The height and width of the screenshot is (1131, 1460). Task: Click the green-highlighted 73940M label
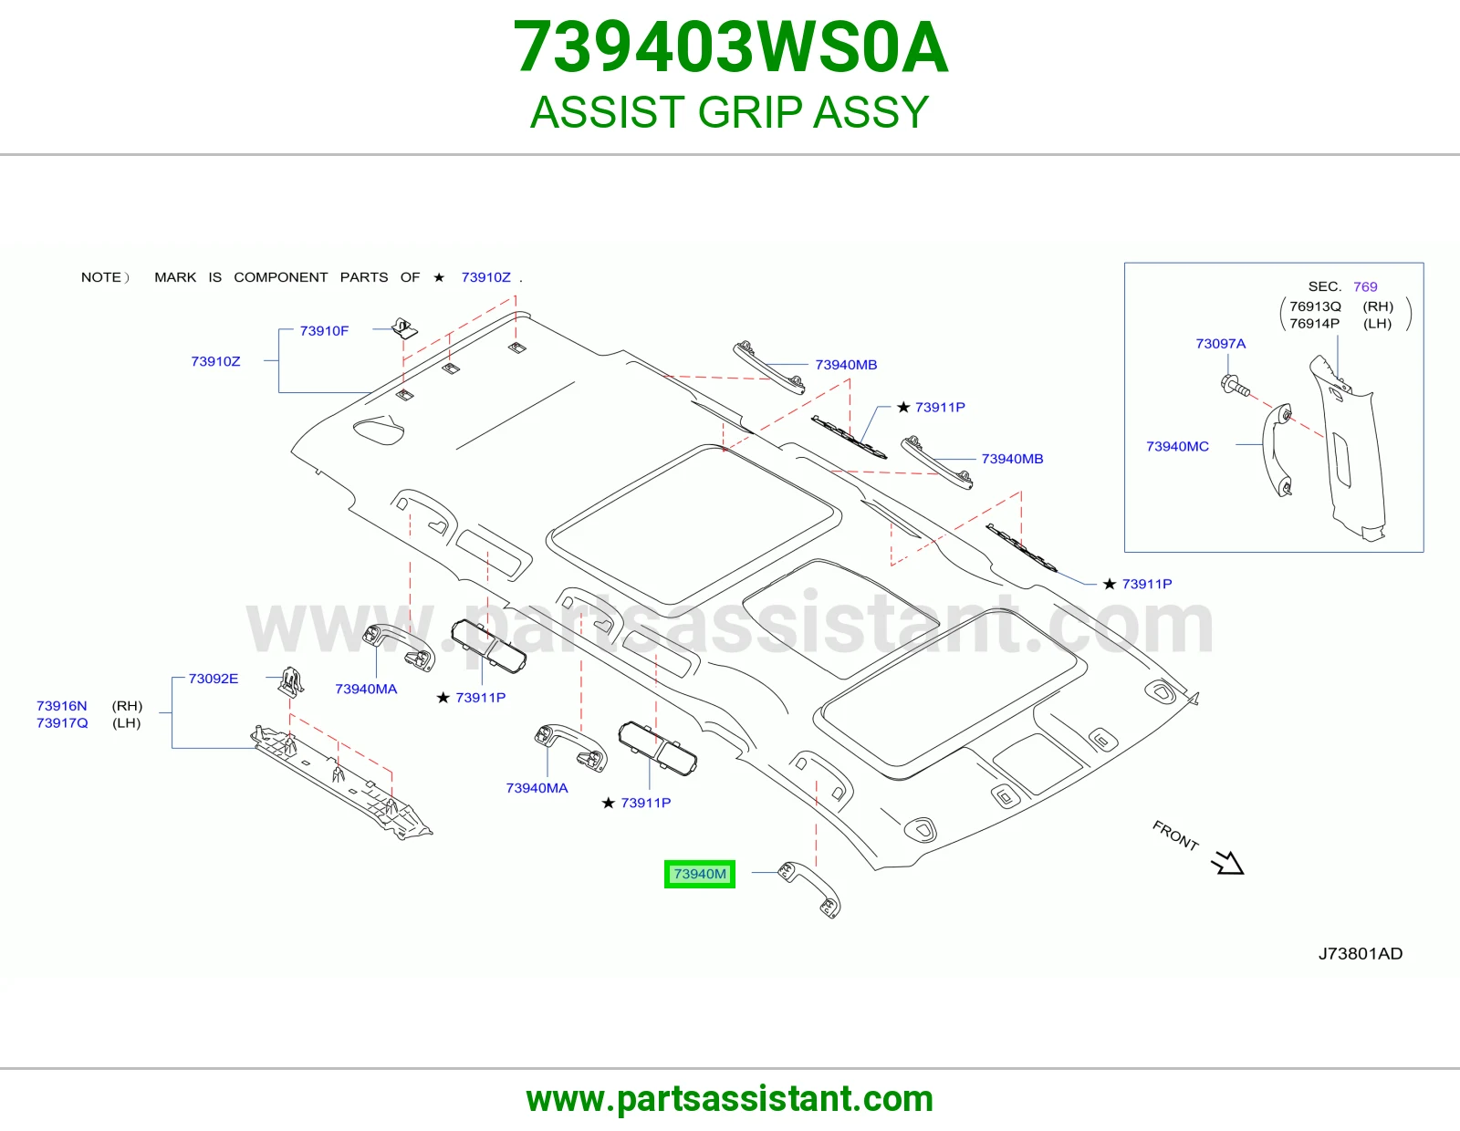[x=699, y=874]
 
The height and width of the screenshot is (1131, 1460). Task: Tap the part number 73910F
[x=324, y=330]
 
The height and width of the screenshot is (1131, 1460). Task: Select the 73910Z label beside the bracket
[x=215, y=361]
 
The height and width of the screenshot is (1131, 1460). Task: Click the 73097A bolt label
[x=1220, y=344]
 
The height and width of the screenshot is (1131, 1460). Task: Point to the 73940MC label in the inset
[x=1177, y=447]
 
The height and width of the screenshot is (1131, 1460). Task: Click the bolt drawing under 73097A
[x=1235, y=386]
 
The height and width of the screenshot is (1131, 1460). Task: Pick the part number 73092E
[x=213, y=679]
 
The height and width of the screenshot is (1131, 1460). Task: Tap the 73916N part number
[x=62, y=706]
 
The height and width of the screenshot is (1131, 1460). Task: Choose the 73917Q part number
[x=62, y=723]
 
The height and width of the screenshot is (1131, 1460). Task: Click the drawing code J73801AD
[x=1360, y=954]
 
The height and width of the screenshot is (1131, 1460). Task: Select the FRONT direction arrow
[x=1228, y=862]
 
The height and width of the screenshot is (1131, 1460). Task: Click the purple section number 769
[x=1364, y=286]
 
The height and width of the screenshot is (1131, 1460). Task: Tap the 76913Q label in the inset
[x=1315, y=307]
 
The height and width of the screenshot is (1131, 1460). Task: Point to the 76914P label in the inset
[x=1314, y=324]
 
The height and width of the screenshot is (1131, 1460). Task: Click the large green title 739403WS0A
[x=730, y=47]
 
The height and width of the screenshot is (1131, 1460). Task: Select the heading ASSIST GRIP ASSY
[x=730, y=111]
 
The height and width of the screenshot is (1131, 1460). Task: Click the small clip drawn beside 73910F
[x=404, y=328]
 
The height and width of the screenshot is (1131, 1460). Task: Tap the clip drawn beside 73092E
[x=291, y=681]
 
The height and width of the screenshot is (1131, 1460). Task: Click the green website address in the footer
[x=730, y=1099]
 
